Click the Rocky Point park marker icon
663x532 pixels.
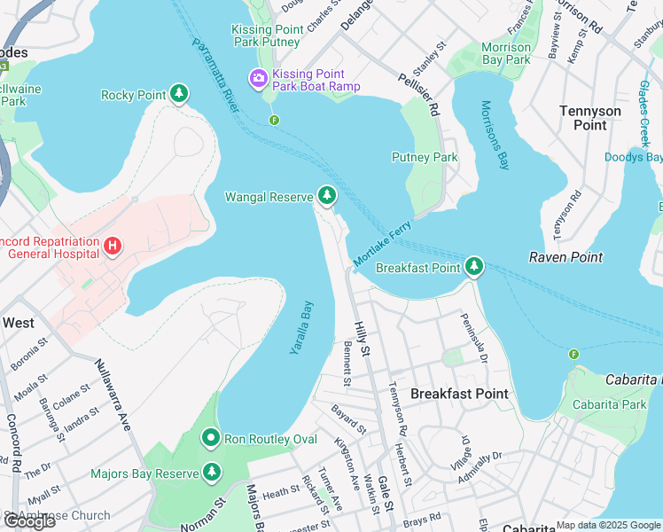coord(180,94)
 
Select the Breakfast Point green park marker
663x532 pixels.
coord(474,267)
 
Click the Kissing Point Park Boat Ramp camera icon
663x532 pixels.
coord(259,79)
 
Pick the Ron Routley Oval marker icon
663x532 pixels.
coord(211,438)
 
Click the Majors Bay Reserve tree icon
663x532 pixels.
coord(211,473)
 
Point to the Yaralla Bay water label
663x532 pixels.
coord(302,327)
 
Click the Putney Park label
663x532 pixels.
coord(425,157)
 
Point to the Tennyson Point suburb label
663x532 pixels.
coord(590,118)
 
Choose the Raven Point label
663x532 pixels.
coord(565,257)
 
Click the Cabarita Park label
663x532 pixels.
coord(609,404)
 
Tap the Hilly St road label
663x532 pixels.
coord(361,340)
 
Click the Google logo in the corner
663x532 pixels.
coord(30,520)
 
